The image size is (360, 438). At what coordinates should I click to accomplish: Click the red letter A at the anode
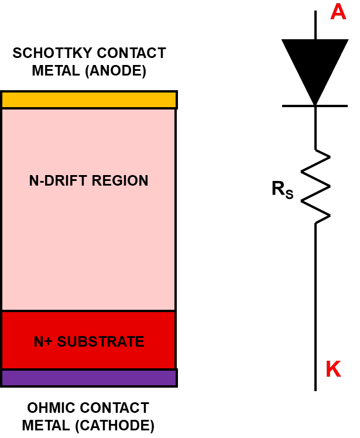point(338,12)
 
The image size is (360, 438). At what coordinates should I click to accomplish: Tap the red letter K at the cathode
point(333,369)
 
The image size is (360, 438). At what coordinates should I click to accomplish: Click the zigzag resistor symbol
point(316,186)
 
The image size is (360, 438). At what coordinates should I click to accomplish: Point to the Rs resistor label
point(282,189)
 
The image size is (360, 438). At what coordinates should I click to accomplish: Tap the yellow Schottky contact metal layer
point(89,100)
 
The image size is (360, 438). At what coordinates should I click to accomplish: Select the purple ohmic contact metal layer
point(89,378)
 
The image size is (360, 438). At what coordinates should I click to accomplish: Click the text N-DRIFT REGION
point(89,180)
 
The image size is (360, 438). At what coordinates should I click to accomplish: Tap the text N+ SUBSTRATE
point(89,341)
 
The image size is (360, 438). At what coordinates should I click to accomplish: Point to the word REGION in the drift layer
point(123,180)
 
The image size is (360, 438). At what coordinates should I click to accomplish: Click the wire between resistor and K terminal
point(316,293)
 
